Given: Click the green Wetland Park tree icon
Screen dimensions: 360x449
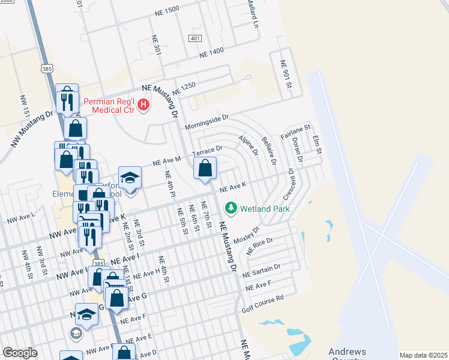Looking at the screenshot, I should tap(230, 208).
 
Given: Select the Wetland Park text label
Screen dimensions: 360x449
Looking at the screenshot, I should tap(265, 209).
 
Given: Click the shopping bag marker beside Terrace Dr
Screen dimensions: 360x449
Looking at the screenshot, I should tap(205, 170).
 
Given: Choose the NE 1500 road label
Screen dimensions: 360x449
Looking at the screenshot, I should tap(167, 10).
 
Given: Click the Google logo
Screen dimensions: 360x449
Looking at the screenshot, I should tap(20, 353).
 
